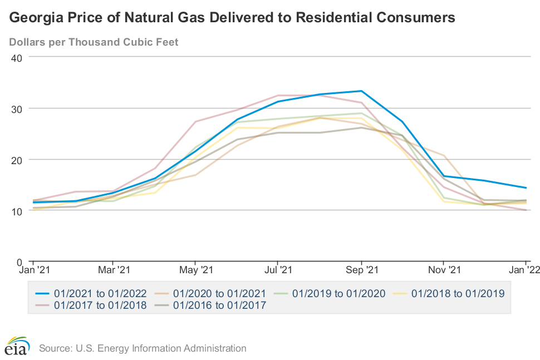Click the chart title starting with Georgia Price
coord(232,18)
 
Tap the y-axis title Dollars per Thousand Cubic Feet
coord(94,42)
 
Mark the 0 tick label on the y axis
coord(18,262)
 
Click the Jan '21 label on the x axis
coord(33,270)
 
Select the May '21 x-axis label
coord(195,270)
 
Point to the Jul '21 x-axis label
coord(277,270)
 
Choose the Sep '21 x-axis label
coord(361,270)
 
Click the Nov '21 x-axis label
coord(443,270)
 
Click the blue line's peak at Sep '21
coord(361,91)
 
